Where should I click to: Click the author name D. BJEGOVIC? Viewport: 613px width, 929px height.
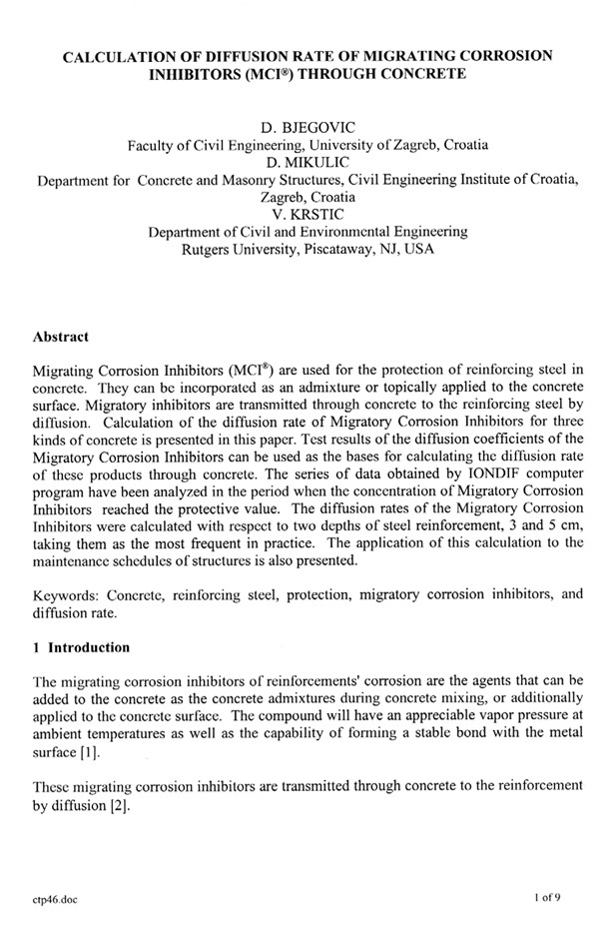point(306,127)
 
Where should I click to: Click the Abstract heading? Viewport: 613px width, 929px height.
point(61,337)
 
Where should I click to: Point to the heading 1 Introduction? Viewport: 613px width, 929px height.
point(81,647)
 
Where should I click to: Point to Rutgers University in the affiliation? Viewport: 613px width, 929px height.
point(239,249)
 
